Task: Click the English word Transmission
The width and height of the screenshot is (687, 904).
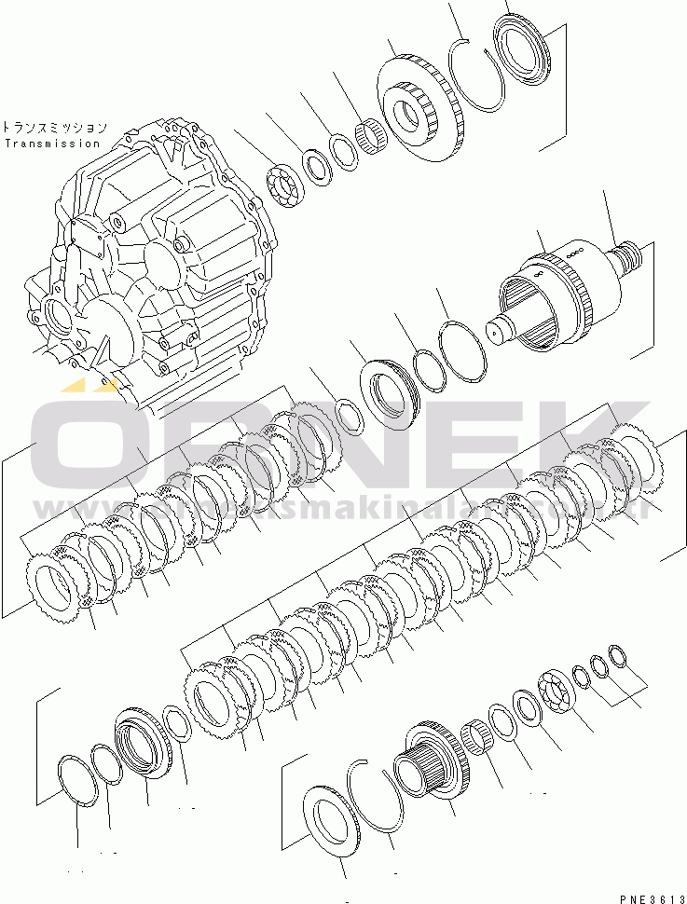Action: [x=51, y=144]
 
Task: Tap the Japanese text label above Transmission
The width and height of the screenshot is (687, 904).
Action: [x=54, y=128]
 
